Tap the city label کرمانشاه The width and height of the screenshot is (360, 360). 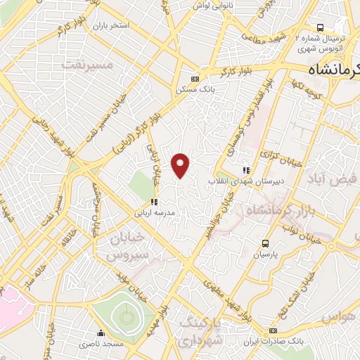click(x=335, y=70)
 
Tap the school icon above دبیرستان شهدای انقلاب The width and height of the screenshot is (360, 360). click(x=245, y=170)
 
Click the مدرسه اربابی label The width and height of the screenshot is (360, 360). click(x=155, y=211)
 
